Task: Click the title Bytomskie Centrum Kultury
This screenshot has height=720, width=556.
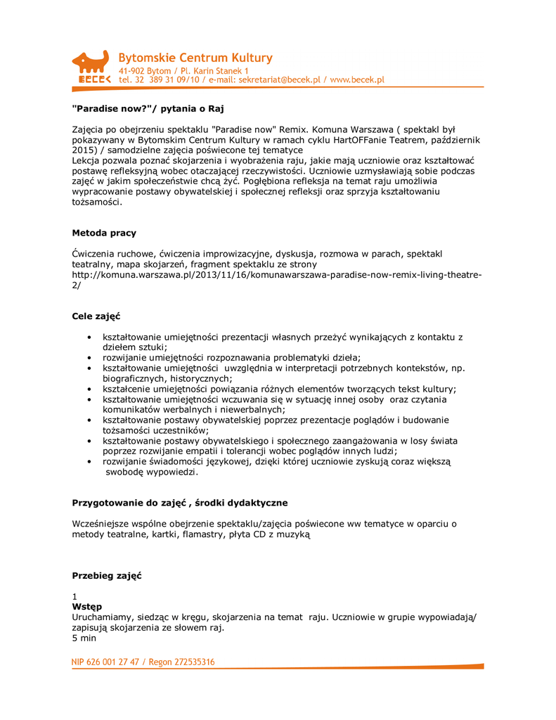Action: point(195,58)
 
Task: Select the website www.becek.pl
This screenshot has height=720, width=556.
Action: point(357,80)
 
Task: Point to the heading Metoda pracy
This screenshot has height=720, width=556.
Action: point(104,233)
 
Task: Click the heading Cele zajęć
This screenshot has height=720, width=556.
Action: point(96,316)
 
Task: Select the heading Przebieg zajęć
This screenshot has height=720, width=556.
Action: point(107,576)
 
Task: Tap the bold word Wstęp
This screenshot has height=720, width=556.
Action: point(86,606)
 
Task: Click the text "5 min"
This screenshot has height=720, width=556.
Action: point(84,638)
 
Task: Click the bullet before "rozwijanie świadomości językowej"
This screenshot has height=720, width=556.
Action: point(88,462)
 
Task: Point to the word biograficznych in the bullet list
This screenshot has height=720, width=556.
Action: point(134,378)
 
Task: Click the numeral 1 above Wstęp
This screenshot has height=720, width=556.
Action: point(75,596)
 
